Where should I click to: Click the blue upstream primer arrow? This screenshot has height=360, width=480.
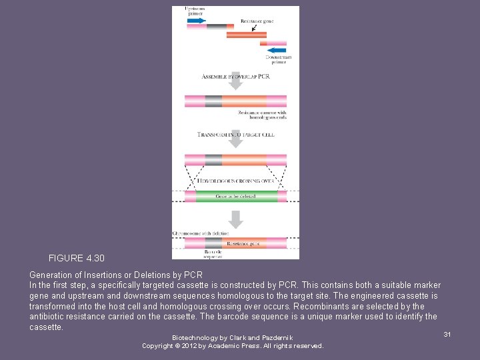click(x=196, y=21)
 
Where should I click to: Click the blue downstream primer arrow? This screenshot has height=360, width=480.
click(x=277, y=49)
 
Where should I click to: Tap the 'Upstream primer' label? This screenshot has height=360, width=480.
click(x=195, y=11)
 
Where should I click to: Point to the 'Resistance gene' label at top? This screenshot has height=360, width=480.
click(x=257, y=21)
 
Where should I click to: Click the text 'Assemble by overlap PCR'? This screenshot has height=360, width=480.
click(x=235, y=77)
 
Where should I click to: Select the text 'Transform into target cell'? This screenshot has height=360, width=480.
click(x=235, y=135)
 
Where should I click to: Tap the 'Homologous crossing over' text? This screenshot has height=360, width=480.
click(x=235, y=179)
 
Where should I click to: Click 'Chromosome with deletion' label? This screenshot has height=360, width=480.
click(x=201, y=233)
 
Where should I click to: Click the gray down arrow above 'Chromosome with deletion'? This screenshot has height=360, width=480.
click(x=235, y=219)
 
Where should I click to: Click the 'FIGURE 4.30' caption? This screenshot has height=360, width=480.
click(x=76, y=258)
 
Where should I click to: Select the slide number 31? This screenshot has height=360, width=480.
click(x=447, y=334)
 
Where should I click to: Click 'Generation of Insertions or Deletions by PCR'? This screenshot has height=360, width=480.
click(x=115, y=275)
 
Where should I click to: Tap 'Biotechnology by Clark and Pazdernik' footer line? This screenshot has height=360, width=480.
click(x=232, y=338)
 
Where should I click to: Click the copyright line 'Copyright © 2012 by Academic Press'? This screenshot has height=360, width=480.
click(x=232, y=346)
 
